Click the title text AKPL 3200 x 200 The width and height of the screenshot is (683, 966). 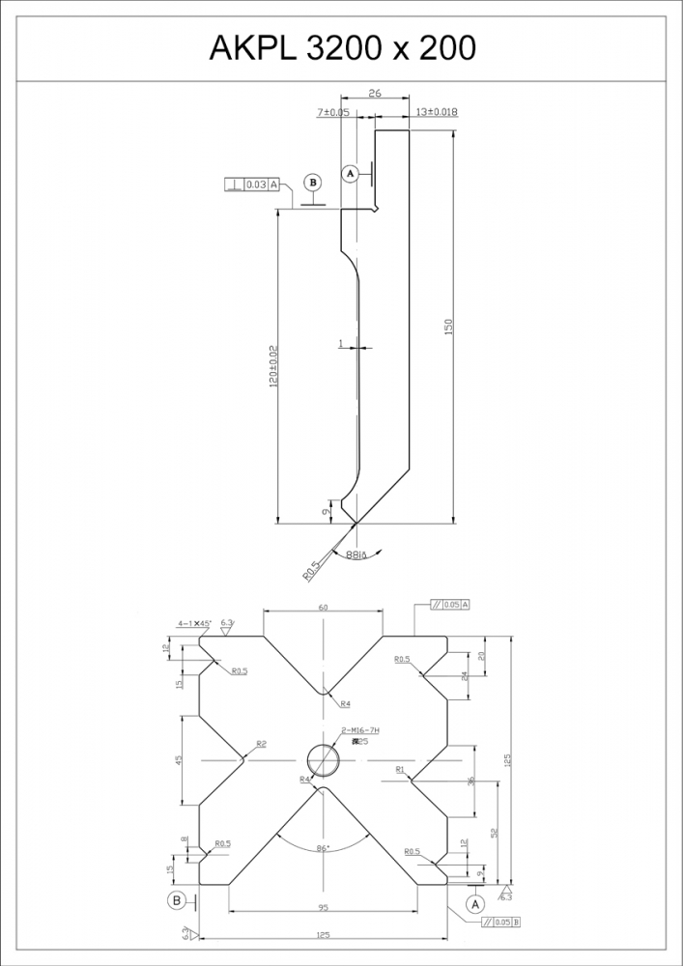342,45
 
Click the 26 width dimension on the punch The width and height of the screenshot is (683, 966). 375,94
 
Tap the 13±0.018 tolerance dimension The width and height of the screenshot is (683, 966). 436,113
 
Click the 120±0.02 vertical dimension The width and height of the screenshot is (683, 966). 273,367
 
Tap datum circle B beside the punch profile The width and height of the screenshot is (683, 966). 311,182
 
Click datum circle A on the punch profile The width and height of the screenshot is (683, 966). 352,173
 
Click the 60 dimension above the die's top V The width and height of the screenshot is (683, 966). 324,607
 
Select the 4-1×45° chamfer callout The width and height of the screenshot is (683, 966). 194,624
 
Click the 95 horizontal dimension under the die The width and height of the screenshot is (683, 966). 324,908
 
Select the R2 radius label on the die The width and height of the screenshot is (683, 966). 261,744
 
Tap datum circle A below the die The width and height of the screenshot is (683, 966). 474,904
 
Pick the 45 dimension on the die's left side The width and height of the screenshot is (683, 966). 179,760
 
